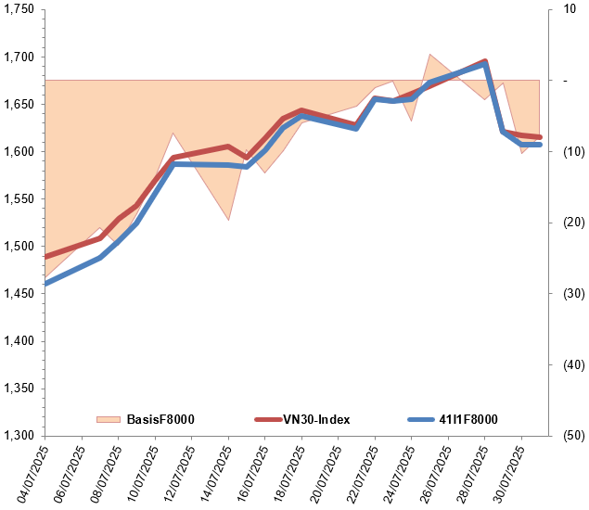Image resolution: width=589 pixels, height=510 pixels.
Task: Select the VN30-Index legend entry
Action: click(316, 419)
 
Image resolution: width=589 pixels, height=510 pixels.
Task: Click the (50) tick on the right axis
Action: click(569, 435)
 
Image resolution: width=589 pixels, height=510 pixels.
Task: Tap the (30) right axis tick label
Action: click(569, 293)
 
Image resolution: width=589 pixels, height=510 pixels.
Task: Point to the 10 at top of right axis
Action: click(569, 9)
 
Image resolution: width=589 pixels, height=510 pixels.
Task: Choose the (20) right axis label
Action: click(569, 223)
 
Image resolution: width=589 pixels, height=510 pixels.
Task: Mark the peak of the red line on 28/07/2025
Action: click(485, 61)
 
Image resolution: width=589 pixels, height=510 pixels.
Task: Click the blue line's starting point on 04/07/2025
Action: click(45, 283)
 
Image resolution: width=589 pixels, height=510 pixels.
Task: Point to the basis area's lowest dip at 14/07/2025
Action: click(228, 220)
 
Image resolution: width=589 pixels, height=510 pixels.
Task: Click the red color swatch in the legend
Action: click(267, 419)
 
